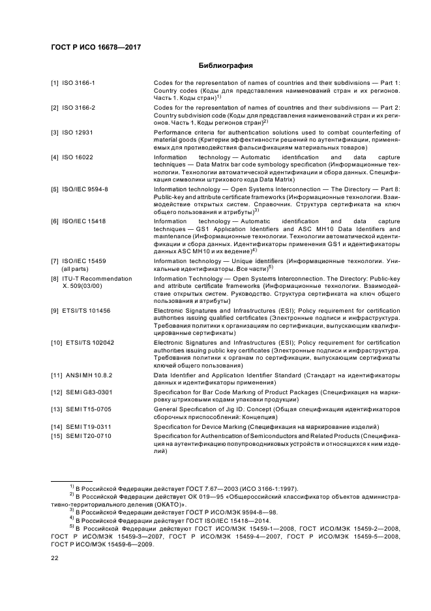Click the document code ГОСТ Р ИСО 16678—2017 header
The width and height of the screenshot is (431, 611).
tap(96, 47)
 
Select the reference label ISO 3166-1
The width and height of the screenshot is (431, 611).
tap(79, 83)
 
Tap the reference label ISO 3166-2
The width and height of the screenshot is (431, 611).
tap(79, 107)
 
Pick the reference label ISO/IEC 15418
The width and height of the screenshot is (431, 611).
tap(84, 221)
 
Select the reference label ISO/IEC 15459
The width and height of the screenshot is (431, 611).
tap(84, 260)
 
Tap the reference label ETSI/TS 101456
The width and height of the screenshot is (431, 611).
tap(87, 310)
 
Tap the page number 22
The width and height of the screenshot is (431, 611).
tap(55, 558)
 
